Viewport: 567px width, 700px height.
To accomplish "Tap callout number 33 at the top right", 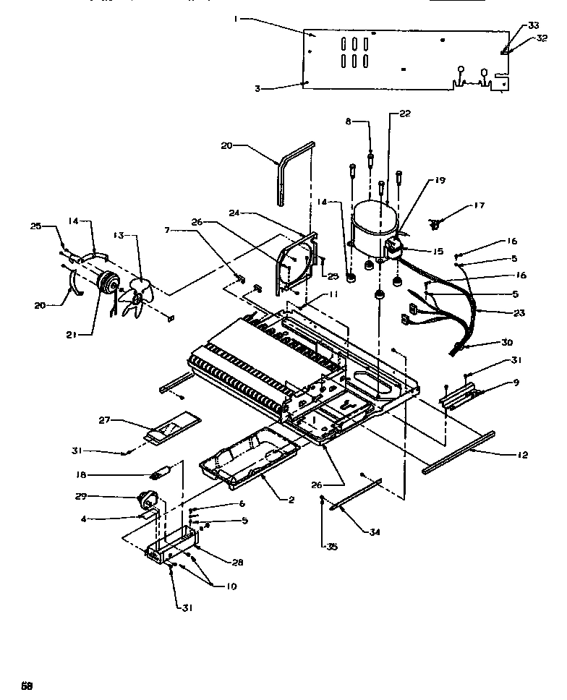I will (x=533, y=25).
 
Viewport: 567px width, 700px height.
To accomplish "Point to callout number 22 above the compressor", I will (x=404, y=114).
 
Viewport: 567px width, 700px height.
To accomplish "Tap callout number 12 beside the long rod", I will (x=521, y=455).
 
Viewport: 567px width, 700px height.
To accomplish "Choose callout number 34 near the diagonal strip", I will (x=374, y=532).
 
